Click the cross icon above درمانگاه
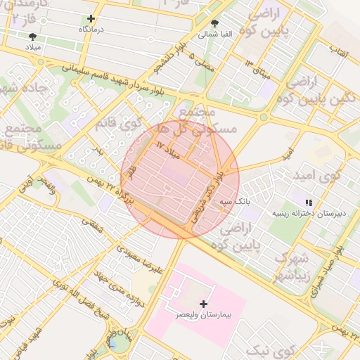coord(91,18)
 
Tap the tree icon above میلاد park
coord(32,36)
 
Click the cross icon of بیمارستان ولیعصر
coord(204,304)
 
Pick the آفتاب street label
coord(336,51)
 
